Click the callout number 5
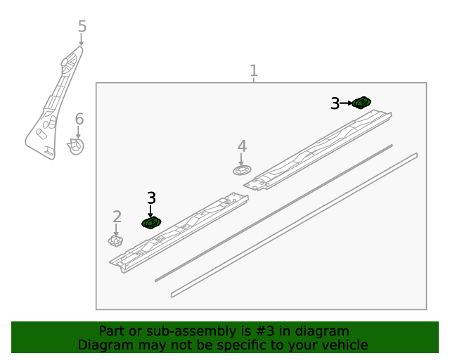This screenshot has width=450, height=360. coord(82,27)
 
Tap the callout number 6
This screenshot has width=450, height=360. coord(79,119)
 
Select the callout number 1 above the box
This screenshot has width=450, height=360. coord(254,70)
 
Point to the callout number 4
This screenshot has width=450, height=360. coord(242,146)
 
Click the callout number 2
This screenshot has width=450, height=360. coord(117,217)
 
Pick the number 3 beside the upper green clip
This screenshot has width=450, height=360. coord(335,103)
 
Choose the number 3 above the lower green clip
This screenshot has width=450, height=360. coord(152,198)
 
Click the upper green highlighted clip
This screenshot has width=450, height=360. coord(361,103)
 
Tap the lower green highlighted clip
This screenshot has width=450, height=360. coord(151,223)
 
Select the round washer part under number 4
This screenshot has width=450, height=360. coord(242,171)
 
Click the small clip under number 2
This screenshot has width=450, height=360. coord(115,240)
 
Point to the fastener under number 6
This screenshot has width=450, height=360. coord(76,146)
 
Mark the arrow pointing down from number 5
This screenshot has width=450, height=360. coord(82,39)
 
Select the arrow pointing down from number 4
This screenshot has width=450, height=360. coord(241,160)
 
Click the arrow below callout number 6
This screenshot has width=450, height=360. coord(78,132)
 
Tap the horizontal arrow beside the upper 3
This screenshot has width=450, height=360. coord(346,103)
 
